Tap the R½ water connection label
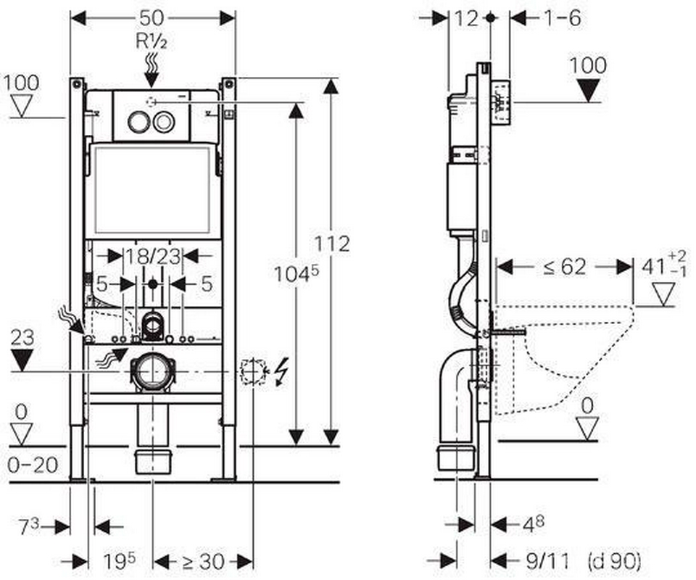pyautogui.click(x=152, y=41)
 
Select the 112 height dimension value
pyautogui.click(x=333, y=244)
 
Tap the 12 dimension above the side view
pyautogui.click(x=468, y=18)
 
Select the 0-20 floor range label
pyautogui.click(x=33, y=465)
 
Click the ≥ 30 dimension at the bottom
pyautogui.click(x=204, y=560)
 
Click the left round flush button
pyautogui.click(x=138, y=122)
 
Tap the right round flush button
pyautogui.click(x=165, y=122)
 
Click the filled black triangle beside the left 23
pyautogui.click(x=24, y=360)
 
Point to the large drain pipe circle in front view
pyautogui.click(x=152, y=370)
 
